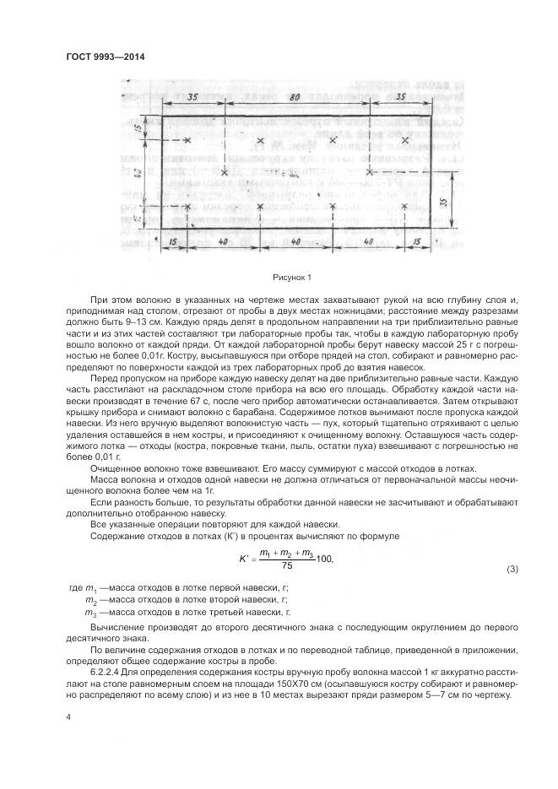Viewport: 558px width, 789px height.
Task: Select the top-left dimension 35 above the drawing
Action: [x=192, y=97]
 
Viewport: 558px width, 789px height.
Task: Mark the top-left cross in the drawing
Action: [x=187, y=141]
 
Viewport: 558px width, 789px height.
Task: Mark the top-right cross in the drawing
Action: [x=406, y=139]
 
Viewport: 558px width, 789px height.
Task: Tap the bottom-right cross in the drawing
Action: [x=406, y=205]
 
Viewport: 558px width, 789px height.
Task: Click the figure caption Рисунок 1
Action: [x=292, y=277]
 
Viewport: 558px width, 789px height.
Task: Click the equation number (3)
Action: [x=511, y=570]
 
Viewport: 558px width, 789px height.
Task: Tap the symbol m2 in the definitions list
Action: [x=90, y=599]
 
